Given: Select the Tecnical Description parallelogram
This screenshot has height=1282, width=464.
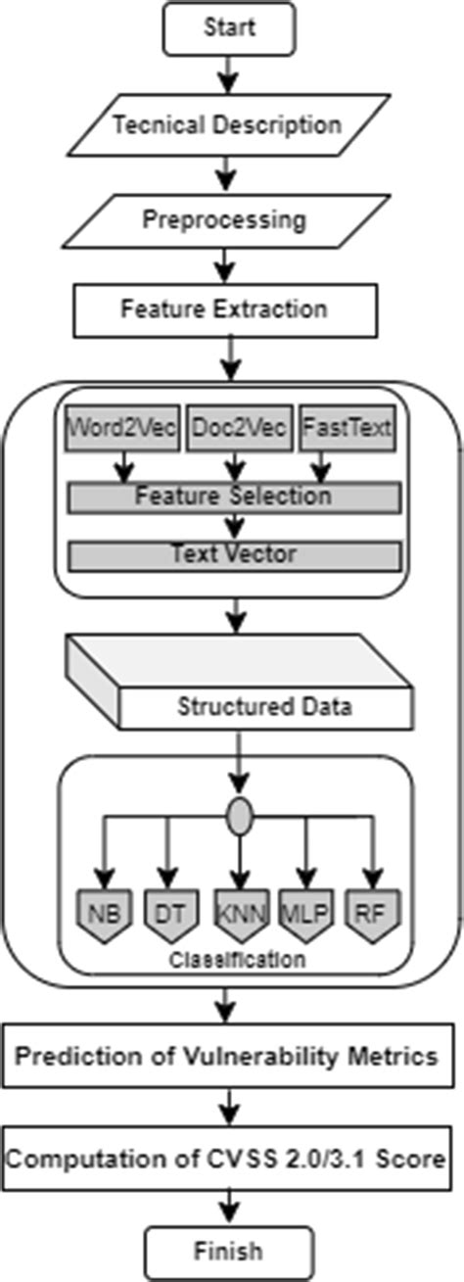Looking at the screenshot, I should pos(227,125).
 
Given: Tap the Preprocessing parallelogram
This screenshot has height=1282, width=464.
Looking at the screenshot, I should pos(225,218).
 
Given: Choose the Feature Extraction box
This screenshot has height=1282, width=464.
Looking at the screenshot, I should pos(224,309).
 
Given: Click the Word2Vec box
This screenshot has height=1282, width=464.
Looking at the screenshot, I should pos(123,429).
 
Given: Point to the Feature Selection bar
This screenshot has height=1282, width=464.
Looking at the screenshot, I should pos(234,497).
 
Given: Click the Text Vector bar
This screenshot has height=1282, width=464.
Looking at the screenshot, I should pos(234,554).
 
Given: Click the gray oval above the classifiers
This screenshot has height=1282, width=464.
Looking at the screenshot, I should pos(239,817).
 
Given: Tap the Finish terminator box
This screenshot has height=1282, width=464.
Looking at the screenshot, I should pos(227,1251).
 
